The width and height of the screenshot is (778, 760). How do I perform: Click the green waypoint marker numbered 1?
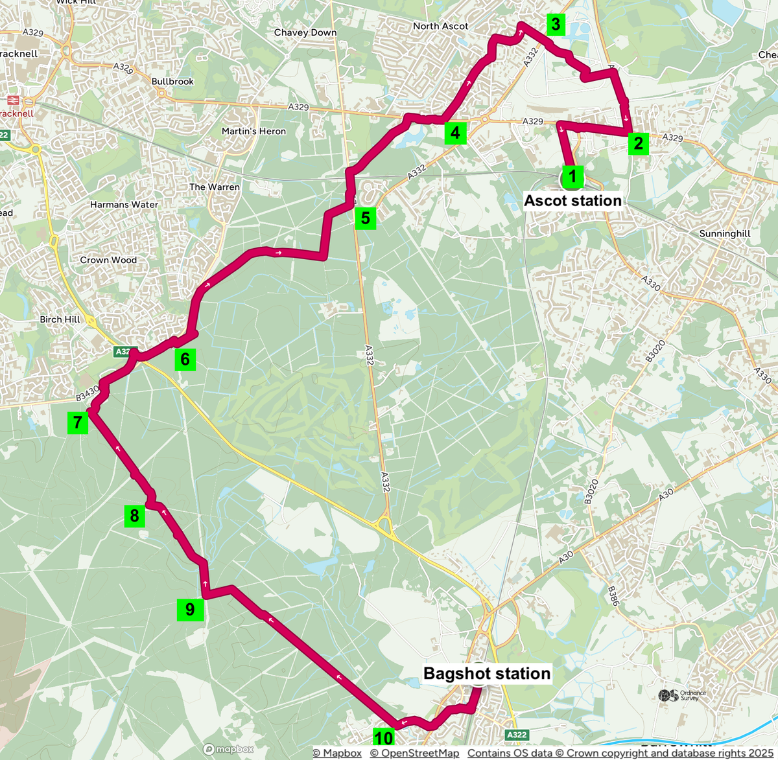(572, 176)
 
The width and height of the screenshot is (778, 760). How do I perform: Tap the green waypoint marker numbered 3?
(556, 25)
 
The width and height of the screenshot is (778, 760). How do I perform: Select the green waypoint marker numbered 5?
(366, 218)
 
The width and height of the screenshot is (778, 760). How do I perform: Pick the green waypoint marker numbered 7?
(78, 423)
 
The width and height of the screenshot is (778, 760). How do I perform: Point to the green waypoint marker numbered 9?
(190, 610)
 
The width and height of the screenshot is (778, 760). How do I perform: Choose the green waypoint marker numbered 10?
(384, 738)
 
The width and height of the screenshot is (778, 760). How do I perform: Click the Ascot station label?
(572, 201)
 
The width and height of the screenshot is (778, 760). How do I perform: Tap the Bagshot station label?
(487, 674)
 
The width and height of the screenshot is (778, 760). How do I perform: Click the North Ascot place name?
(440, 26)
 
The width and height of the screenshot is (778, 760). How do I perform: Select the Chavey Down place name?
(305, 32)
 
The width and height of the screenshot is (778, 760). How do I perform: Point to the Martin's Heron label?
(253, 131)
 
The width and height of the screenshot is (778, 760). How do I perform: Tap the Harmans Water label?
(124, 204)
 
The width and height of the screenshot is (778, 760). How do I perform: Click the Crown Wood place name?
(108, 260)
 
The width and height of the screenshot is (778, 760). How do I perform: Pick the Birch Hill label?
(60, 319)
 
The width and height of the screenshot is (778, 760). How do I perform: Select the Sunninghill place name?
(725, 234)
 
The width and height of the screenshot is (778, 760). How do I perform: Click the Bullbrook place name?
(172, 82)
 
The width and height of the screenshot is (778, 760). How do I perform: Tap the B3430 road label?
(87, 393)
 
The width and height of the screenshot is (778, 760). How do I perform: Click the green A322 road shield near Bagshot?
(517, 735)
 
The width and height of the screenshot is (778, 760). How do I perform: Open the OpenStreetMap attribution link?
(414, 753)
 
